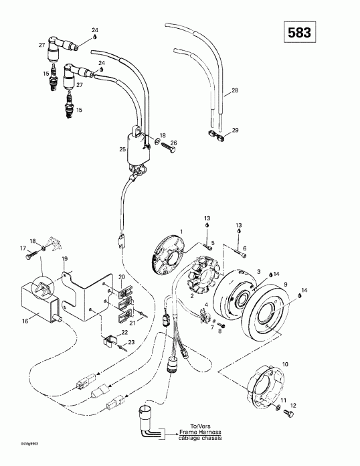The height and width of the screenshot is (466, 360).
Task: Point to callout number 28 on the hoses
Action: pyautogui.click(x=234, y=90)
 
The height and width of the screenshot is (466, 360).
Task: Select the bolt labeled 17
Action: pyautogui.click(x=28, y=256)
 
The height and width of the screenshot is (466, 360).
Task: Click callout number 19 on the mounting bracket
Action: pyautogui.click(x=65, y=258)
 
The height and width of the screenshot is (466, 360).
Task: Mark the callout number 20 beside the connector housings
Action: pyautogui.click(x=121, y=277)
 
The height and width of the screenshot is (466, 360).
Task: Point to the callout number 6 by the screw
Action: pyautogui.click(x=244, y=248)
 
